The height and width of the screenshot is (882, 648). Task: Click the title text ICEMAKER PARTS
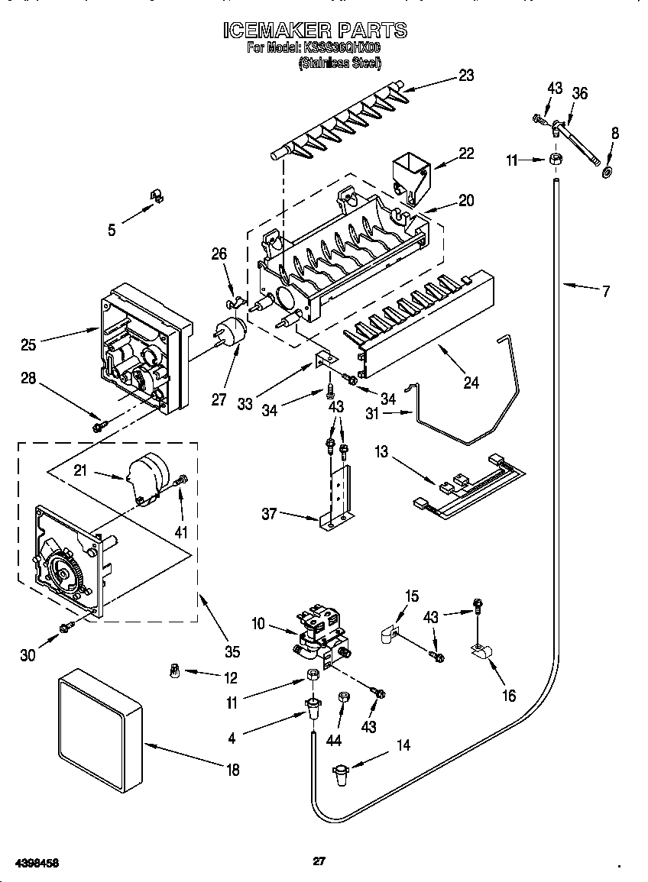pyautogui.click(x=314, y=30)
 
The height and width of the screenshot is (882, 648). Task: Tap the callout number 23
pyautogui.click(x=465, y=75)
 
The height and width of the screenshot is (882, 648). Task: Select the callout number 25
pyautogui.click(x=28, y=345)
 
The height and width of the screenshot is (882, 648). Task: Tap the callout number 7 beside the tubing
pyautogui.click(x=606, y=291)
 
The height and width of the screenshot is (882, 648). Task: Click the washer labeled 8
pyautogui.click(x=607, y=171)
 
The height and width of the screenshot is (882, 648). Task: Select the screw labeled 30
pyautogui.click(x=66, y=626)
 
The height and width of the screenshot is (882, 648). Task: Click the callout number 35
pyautogui.click(x=232, y=651)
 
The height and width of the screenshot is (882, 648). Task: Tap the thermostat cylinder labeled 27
pyautogui.click(x=230, y=334)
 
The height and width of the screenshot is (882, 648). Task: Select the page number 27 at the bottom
pyautogui.click(x=319, y=861)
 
